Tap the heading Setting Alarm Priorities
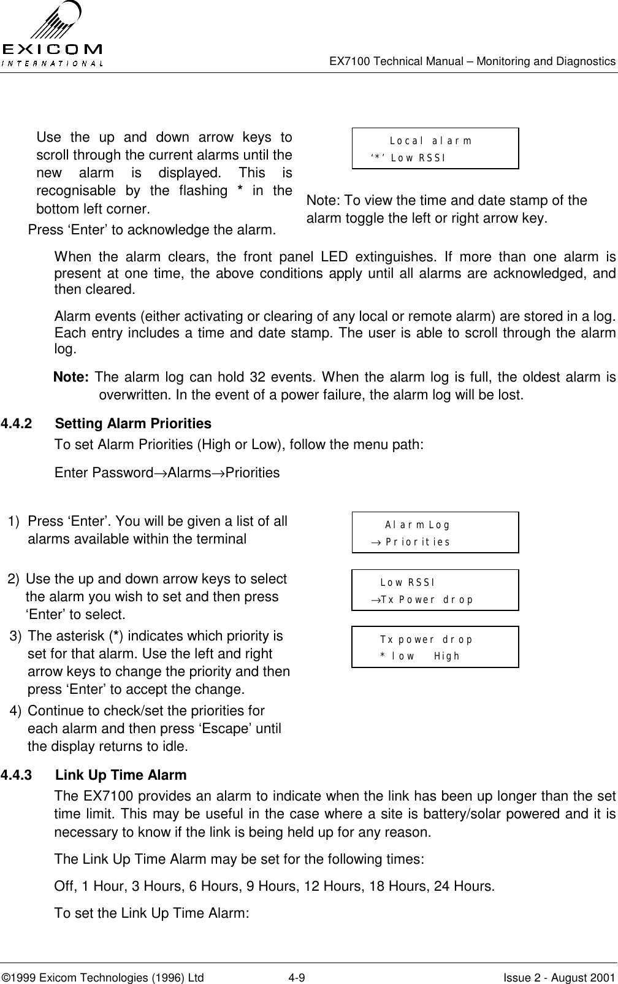click(133, 424)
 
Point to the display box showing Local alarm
click(435, 148)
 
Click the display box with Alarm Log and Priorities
click(435, 532)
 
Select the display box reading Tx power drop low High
click(435, 647)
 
